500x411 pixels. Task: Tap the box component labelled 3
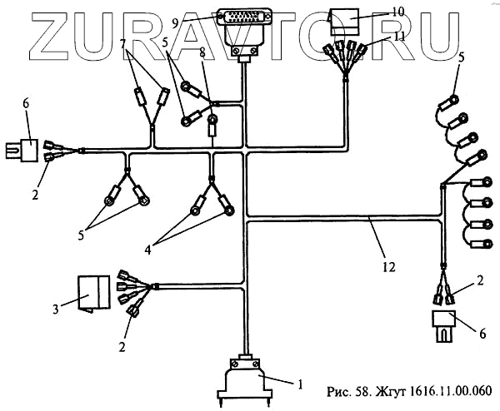(x=92, y=290)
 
